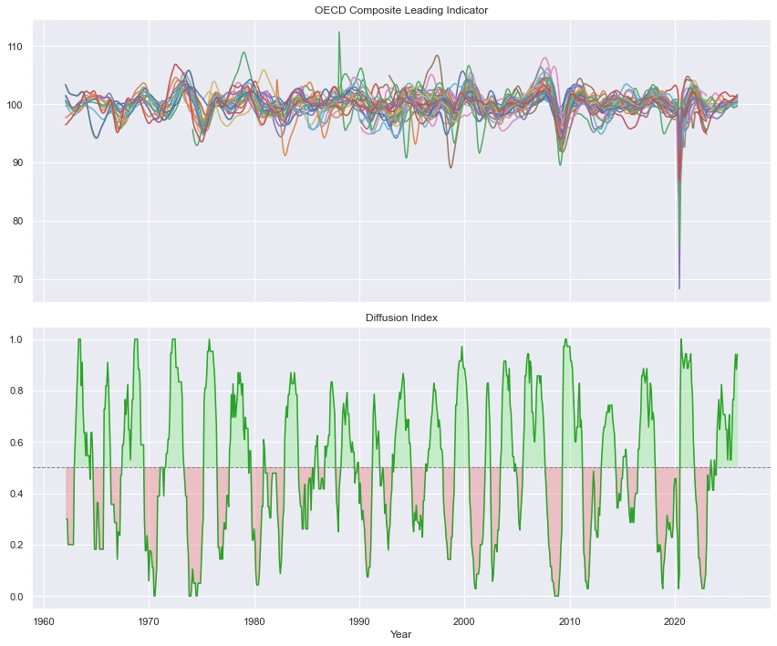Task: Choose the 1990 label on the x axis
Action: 359,621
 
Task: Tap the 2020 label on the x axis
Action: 675,621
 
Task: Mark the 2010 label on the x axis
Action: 570,621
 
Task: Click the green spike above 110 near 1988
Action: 339,32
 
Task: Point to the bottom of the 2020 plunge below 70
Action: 679,288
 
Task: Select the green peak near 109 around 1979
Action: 243,52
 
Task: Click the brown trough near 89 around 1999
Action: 451,167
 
